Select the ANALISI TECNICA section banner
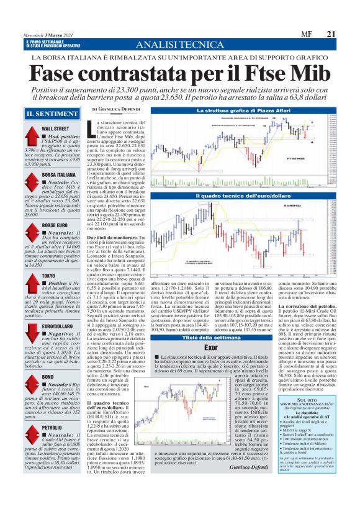(179, 45)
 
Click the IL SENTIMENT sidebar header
(47, 115)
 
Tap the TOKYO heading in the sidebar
(50, 275)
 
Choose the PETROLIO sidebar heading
(52, 428)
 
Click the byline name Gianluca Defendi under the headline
(122, 109)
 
